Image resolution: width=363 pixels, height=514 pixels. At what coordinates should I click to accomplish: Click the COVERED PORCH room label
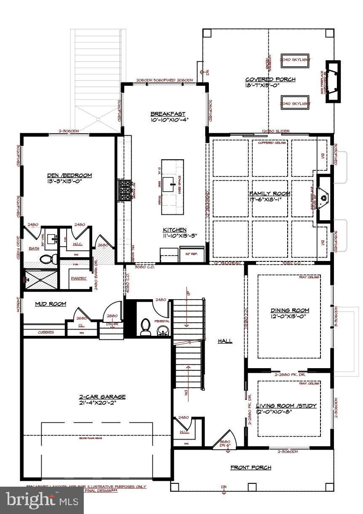270,79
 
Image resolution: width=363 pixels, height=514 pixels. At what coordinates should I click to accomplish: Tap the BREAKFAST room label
168,114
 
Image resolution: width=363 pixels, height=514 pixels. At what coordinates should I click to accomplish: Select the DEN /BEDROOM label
70,175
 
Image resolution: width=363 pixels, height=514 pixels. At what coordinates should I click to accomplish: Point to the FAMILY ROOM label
270,193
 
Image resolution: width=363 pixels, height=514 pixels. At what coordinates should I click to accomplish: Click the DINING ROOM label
290,311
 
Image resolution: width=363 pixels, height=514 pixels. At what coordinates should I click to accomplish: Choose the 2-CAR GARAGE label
102,396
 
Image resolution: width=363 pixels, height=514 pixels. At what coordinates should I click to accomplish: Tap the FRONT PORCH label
251,467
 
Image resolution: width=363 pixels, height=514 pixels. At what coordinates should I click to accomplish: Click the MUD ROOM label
50,303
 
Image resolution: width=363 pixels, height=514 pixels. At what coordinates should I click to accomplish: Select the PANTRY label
78,278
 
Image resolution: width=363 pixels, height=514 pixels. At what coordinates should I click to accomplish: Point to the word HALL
225,341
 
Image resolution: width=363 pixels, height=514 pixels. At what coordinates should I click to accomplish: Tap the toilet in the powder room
146,327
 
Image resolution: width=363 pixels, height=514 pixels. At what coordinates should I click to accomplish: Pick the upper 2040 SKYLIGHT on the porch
295,60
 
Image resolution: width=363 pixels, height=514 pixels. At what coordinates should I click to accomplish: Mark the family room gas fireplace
324,198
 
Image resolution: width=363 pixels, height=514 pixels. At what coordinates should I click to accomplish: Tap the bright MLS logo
42,500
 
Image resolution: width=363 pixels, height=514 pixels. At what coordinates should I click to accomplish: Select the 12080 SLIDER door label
275,132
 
